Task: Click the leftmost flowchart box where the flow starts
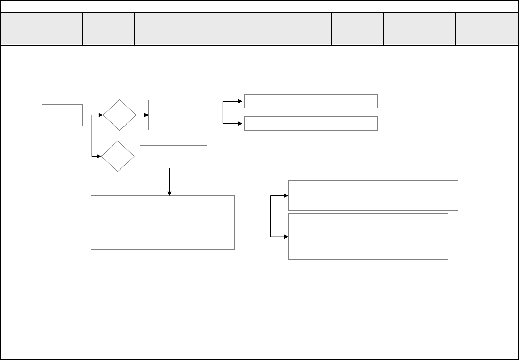62,115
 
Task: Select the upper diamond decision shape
119,115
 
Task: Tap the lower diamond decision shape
118,156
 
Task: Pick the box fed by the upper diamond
176,115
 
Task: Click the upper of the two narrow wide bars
311,101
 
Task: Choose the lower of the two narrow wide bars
311,123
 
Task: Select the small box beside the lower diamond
174,156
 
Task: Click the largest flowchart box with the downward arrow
163,223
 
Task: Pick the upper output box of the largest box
373,196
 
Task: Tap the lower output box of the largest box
368,237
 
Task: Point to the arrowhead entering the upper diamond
101,115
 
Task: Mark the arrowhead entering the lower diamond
99,156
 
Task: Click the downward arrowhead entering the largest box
170,193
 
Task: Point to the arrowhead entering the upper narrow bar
241,101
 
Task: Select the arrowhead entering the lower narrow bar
241,123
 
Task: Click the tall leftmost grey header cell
41,29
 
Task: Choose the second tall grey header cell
108,29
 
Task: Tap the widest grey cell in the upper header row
233,21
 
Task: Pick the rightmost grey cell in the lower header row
487,38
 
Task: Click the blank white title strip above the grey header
259,6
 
